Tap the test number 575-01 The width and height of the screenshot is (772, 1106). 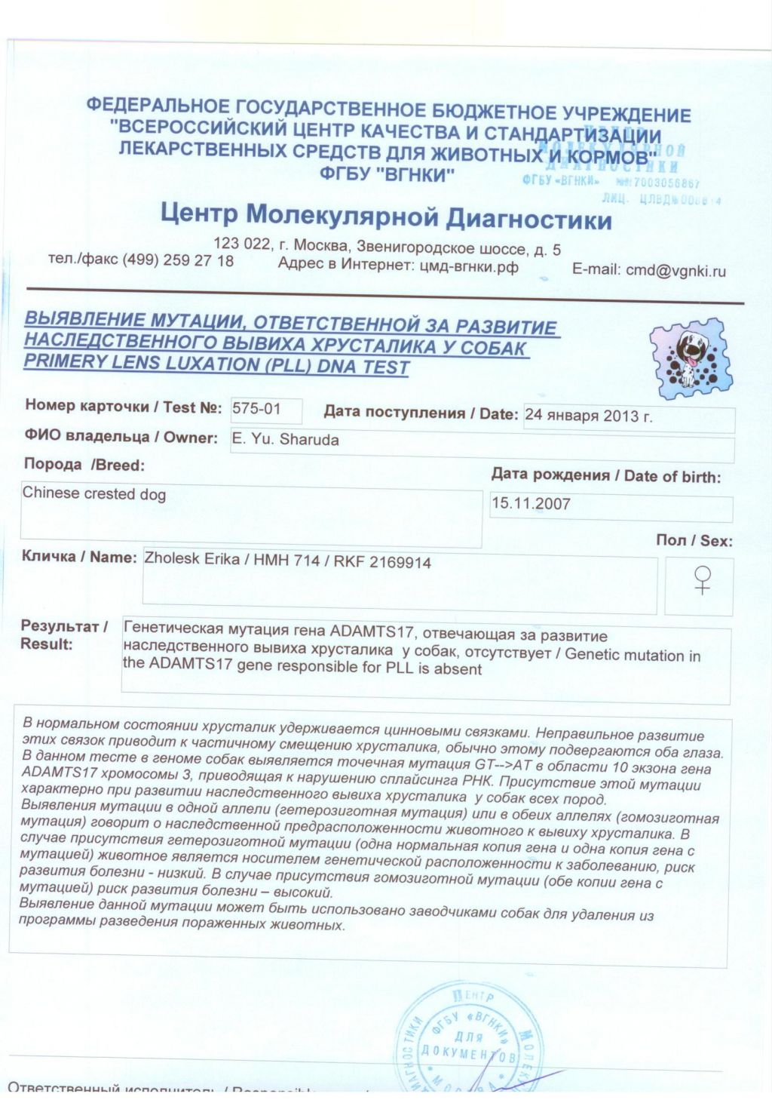tap(256, 409)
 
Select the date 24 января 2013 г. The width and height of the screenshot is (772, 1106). tap(589, 416)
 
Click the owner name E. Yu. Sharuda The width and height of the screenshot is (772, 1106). tap(285, 440)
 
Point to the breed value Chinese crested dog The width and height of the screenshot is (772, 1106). tap(94, 494)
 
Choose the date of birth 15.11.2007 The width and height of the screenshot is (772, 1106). tap(531, 503)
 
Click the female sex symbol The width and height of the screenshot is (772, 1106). tap(702, 580)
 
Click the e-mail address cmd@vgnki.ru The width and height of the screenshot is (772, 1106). tap(675, 270)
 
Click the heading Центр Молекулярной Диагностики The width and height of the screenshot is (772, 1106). tap(386, 216)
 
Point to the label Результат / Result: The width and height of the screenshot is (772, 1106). tap(63, 635)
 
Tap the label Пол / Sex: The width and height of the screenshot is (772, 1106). tap(694, 540)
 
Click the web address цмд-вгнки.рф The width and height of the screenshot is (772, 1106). tap(468, 266)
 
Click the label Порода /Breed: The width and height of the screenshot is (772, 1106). tap(84, 465)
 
